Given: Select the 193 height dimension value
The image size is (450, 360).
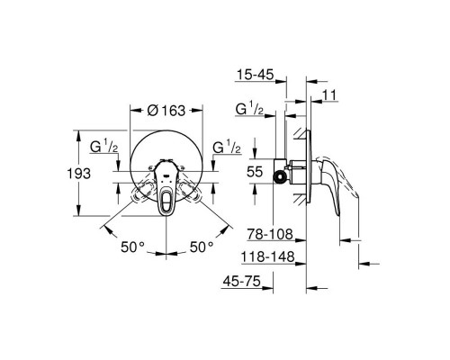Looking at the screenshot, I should pos(84,173).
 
